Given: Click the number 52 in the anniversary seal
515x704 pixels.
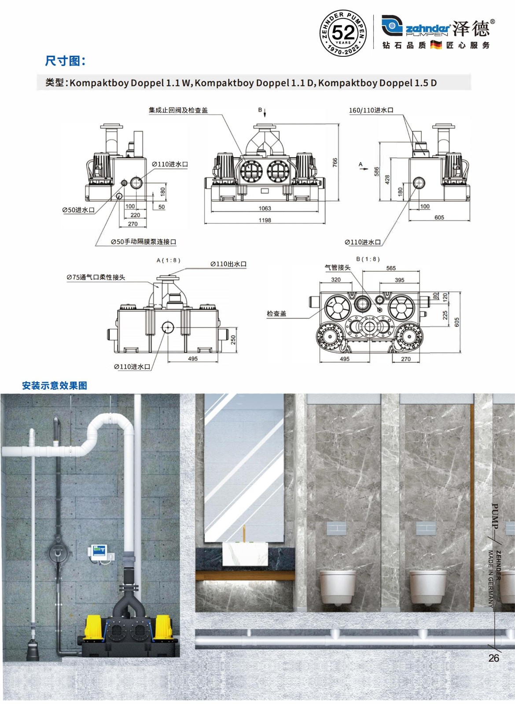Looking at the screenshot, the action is [343, 33].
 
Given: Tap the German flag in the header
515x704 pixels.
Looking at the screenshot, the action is [436, 45].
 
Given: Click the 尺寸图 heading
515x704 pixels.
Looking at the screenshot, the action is [65, 61].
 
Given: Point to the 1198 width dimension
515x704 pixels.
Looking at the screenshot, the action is [265, 220].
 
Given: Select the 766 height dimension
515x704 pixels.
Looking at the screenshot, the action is [335, 162].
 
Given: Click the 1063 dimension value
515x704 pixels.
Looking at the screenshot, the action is [265, 209].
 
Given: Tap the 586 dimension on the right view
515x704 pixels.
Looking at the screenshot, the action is [376, 172].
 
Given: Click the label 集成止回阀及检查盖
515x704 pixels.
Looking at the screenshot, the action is [178, 110].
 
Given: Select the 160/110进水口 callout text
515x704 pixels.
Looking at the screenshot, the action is [371, 110].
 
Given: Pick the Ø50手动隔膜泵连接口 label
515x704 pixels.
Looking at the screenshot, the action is [143, 242].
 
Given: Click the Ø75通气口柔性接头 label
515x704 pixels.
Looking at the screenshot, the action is [96, 278].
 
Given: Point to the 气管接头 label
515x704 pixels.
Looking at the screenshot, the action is [337, 268].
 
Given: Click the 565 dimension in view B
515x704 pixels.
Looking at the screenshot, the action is [391, 268].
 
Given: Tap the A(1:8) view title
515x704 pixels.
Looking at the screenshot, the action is [169, 260].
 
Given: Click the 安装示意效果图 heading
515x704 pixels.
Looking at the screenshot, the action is [55, 385].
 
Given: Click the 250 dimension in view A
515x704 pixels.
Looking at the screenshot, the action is [233, 340].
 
